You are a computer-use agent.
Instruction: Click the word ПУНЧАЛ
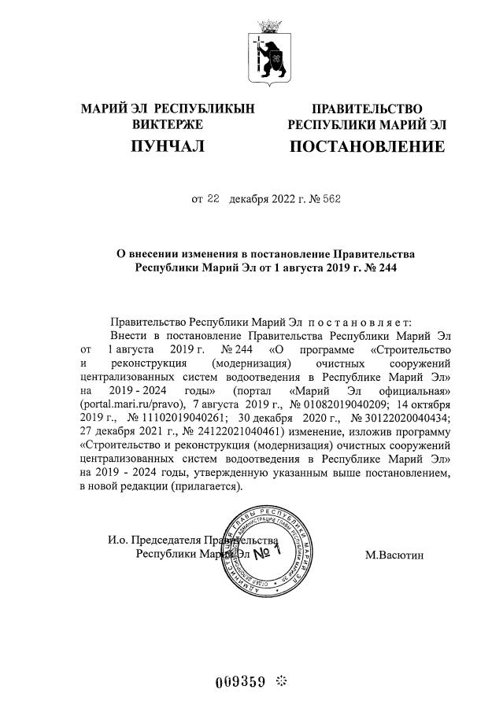coord(168,146)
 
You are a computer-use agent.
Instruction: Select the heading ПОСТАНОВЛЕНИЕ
coord(367,146)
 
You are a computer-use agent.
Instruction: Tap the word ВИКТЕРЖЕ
coord(168,124)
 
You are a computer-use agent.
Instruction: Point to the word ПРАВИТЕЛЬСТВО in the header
coord(367,109)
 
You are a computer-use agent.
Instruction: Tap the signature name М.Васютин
coord(394,555)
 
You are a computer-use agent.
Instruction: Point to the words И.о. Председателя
coord(154,540)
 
